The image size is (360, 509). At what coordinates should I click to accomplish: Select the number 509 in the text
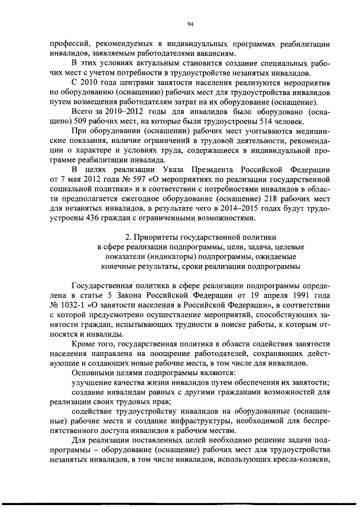coord(78,123)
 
